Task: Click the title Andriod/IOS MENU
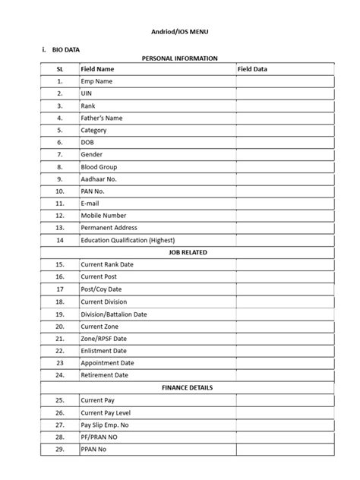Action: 180,33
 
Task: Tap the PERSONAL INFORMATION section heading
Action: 180,58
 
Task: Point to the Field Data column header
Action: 252,69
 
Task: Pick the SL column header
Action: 59,69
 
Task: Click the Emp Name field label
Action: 96,81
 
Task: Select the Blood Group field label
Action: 99,166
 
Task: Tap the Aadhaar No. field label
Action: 99,178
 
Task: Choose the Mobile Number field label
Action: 104,216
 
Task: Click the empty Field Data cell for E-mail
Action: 283,204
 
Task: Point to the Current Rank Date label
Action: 106,264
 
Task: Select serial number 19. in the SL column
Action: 59,314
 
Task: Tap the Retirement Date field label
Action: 105,374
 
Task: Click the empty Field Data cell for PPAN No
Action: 283,449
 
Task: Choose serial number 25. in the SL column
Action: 59,399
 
